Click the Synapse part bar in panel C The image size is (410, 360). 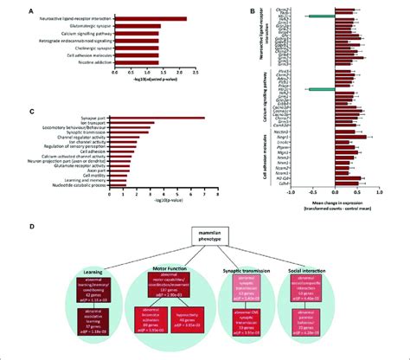[155, 118]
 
